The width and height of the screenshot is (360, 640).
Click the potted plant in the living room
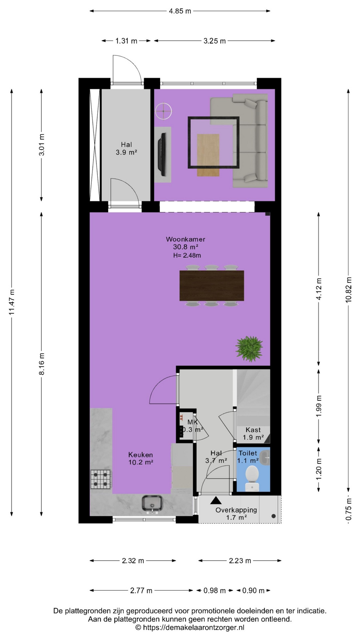pos(249,349)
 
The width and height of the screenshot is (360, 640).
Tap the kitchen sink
pos(152,503)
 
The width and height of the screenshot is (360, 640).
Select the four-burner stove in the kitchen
pos(101,479)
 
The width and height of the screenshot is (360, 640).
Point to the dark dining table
pos(212,286)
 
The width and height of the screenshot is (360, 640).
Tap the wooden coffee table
pos(208,155)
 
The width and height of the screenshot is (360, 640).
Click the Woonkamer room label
pos(186,239)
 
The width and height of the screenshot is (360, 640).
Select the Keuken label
pos(141,455)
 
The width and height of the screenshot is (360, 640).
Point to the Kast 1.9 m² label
pos(253,434)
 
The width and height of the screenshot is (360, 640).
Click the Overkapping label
pos(236,510)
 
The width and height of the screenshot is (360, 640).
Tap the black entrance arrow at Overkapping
pos(216,500)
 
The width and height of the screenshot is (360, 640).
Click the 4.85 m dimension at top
pos(180,11)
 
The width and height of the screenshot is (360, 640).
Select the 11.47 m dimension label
pos(12,302)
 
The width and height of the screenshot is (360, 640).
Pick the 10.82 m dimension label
pos(349,290)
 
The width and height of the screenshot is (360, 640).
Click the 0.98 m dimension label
pos(215,591)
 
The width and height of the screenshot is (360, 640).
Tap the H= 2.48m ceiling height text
pos(187,256)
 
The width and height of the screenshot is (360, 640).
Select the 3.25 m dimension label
pos(215,41)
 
